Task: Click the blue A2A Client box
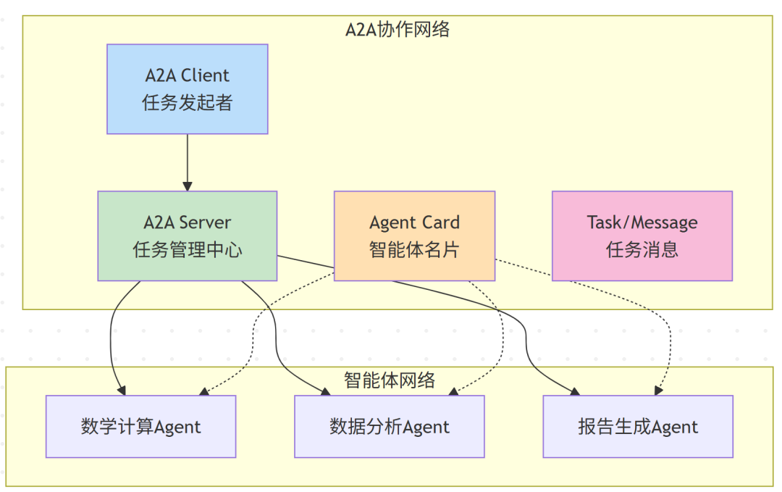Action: pos(187,88)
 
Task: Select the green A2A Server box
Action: pos(187,235)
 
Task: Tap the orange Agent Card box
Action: pos(414,235)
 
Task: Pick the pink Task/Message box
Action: pos(642,235)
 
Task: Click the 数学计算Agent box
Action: pos(140,426)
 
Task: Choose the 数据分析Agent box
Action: pos(389,426)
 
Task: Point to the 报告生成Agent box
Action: pos(637,426)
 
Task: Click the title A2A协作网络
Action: pos(397,29)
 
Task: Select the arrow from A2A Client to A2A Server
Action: pos(188,162)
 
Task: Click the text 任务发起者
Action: pos(187,103)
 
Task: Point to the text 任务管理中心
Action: pos(187,250)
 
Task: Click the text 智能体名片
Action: pos(414,250)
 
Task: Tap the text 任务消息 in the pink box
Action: pos(642,250)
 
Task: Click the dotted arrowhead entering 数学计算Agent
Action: pos(204,392)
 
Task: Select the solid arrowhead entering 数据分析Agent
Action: pos(326,392)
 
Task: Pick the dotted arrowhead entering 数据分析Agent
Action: pos(453,392)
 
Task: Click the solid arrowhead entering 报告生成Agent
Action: pos(575,392)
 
